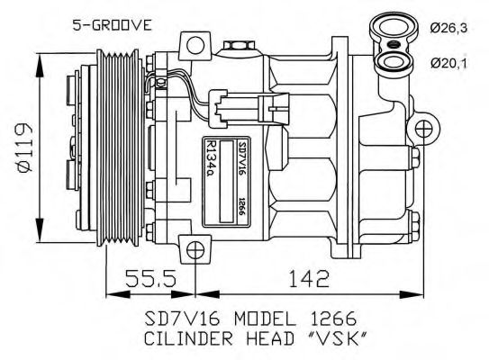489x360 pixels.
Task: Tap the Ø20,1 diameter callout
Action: click(448, 62)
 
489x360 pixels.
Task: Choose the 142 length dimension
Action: click(310, 278)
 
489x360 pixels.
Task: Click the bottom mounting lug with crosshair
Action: click(194, 247)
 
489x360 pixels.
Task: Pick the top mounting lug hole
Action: click(193, 44)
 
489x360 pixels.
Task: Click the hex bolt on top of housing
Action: click(234, 46)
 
